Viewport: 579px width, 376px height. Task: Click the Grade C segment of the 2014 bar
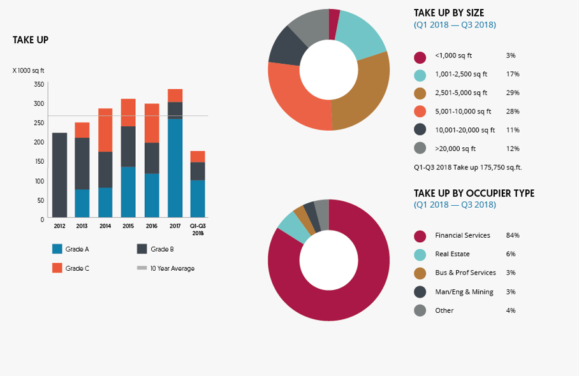tap(105, 130)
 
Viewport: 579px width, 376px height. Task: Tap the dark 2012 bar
tap(59, 175)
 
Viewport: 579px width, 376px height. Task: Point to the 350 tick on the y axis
tap(38, 84)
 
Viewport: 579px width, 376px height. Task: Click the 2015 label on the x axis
tap(128, 226)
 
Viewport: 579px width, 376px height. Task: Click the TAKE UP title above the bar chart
tap(31, 40)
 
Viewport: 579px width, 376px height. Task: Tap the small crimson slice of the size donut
tap(334, 16)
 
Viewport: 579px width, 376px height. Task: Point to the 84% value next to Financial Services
tap(513, 235)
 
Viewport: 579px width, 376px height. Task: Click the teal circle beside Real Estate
tap(420, 254)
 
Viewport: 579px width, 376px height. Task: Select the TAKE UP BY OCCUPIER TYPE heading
tap(474, 193)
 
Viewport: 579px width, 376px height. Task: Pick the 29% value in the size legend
tap(513, 92)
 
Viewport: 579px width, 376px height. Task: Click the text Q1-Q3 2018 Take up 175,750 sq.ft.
tap(468, 168)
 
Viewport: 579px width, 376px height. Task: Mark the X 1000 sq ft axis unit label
tap(28, 70)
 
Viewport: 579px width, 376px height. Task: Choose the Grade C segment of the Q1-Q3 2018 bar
tap(198, 157)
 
